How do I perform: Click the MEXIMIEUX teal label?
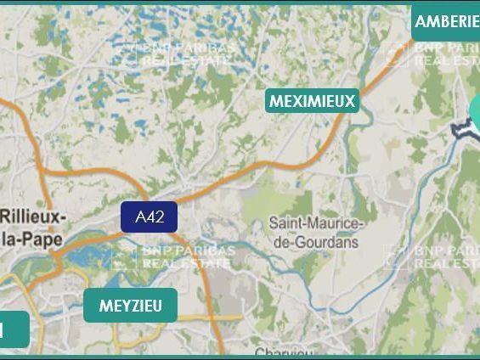312,101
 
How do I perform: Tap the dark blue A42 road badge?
149,217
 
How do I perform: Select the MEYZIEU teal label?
130,306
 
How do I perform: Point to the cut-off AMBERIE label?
446,21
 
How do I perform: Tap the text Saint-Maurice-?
316,224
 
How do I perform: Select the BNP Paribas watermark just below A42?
174,256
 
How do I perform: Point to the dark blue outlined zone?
460,129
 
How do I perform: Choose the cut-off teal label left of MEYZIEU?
14,330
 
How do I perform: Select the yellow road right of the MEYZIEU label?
200,319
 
